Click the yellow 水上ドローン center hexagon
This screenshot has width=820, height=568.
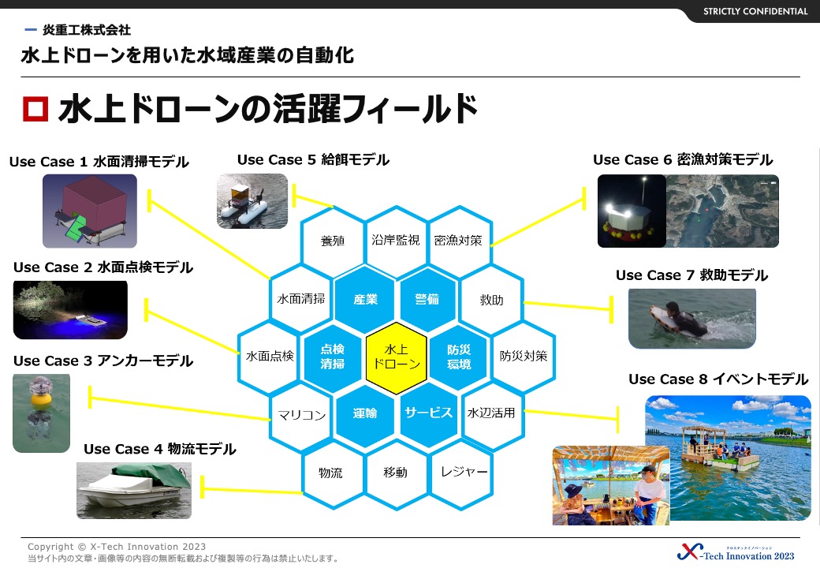tap(397, 357)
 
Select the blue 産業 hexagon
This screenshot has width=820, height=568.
tap(364, 300)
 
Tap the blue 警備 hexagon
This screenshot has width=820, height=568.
tap(428, 300)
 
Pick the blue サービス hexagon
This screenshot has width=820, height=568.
tap(428, 413)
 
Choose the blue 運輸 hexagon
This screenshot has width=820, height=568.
tap(364, 413)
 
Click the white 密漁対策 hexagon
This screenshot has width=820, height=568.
tap(459, 241)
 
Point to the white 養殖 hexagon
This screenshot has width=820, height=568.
tap(333, 241)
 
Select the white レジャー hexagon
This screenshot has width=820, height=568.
tap(460, 473)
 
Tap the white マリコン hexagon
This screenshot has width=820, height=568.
tap(301, 416)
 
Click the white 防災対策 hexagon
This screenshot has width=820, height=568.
tap(523, 357)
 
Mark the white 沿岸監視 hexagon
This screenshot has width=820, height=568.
tap(396, 241)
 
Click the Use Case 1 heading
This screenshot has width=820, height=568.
tap(99, 162)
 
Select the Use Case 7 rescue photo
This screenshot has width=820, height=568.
tap(692, 319)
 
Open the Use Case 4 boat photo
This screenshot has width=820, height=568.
tap(134, 491)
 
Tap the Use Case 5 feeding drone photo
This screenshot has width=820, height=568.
tap(252, 201)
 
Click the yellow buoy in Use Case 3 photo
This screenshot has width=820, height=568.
tap(40, 399)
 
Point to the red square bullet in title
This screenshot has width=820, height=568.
tap(35, 109)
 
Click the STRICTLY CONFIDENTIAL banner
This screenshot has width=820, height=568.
tap(755, 12)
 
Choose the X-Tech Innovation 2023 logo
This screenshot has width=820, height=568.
tap(736, 552)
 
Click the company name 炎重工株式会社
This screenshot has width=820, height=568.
tap(87, 30)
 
